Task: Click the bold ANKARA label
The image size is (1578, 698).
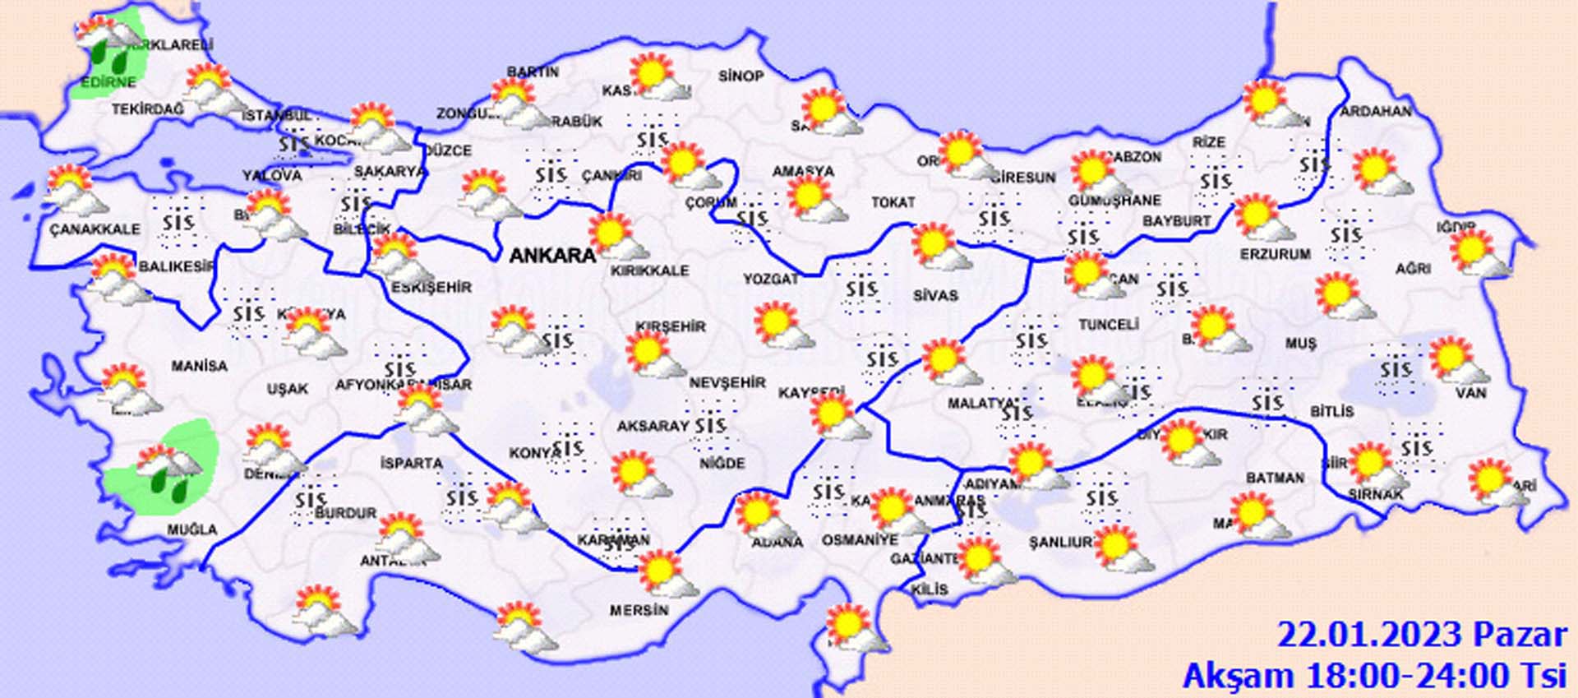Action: point(552,255)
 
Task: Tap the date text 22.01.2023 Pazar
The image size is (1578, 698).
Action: point(1421,636)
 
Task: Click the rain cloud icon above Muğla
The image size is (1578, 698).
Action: point(168,472)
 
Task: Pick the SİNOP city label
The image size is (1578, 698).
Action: point(741,76)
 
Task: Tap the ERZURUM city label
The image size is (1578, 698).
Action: point(1275,254)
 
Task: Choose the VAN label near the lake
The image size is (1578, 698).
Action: point(1470,393)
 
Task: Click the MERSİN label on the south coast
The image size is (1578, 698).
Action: point(639,610)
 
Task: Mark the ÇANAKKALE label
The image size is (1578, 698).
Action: point(95,229)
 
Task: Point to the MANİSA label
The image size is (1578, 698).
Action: point(199,366)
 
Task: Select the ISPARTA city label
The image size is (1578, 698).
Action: point(411,463)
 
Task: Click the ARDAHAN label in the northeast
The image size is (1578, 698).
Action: point(1376,111)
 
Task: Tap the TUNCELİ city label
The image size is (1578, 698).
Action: point(1108,325)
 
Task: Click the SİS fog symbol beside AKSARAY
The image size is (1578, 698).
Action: point(709,425)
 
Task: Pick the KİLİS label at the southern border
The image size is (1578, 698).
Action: point(929,589)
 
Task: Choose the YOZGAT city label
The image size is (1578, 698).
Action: point(770,280)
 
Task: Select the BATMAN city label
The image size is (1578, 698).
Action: point(1275,478)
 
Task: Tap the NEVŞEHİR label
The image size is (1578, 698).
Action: point(727,382)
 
